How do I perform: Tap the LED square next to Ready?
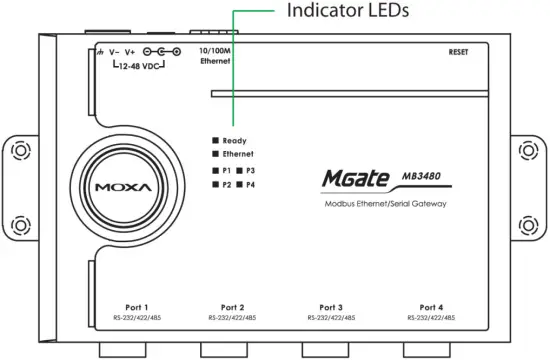coord(214,141)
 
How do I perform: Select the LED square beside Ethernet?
coord(214,155)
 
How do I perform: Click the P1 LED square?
coord(214,172)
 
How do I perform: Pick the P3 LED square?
coord(240,172)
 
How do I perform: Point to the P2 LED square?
coord(214,185)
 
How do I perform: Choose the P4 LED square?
coord(240,185)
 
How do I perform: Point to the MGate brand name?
coord(356,178)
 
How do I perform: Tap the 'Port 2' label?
coord(232,307)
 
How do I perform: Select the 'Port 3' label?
coord(332,307)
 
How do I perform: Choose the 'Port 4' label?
coord(432,307)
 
